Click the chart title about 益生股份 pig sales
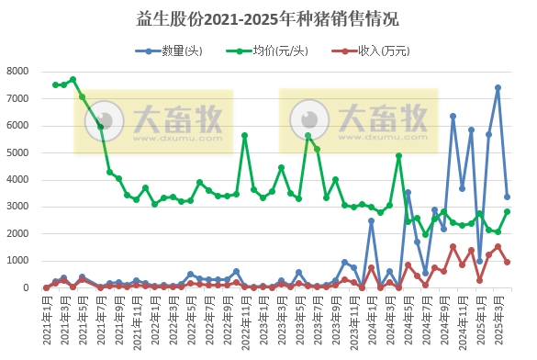pos(269,17)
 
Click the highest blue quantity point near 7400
pos(498,88)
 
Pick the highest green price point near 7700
pos(73,80)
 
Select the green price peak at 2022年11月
pos(244,135)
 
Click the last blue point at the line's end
pos(507,197)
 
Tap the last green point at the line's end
pos(507,211)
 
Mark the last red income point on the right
pos(507,262)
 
